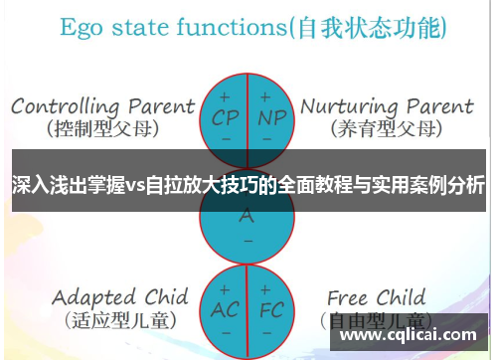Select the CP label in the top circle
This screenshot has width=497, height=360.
tap(225, 116)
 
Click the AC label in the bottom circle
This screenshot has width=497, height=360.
tap(225, 309)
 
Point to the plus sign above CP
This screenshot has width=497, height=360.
tap(225, 96)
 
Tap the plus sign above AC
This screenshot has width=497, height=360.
tap(225, 288)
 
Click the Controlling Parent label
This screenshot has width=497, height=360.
tap(102, 105)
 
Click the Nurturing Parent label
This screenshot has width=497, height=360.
tap(388, 105)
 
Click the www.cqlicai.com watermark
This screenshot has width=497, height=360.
tap(409, 335)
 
